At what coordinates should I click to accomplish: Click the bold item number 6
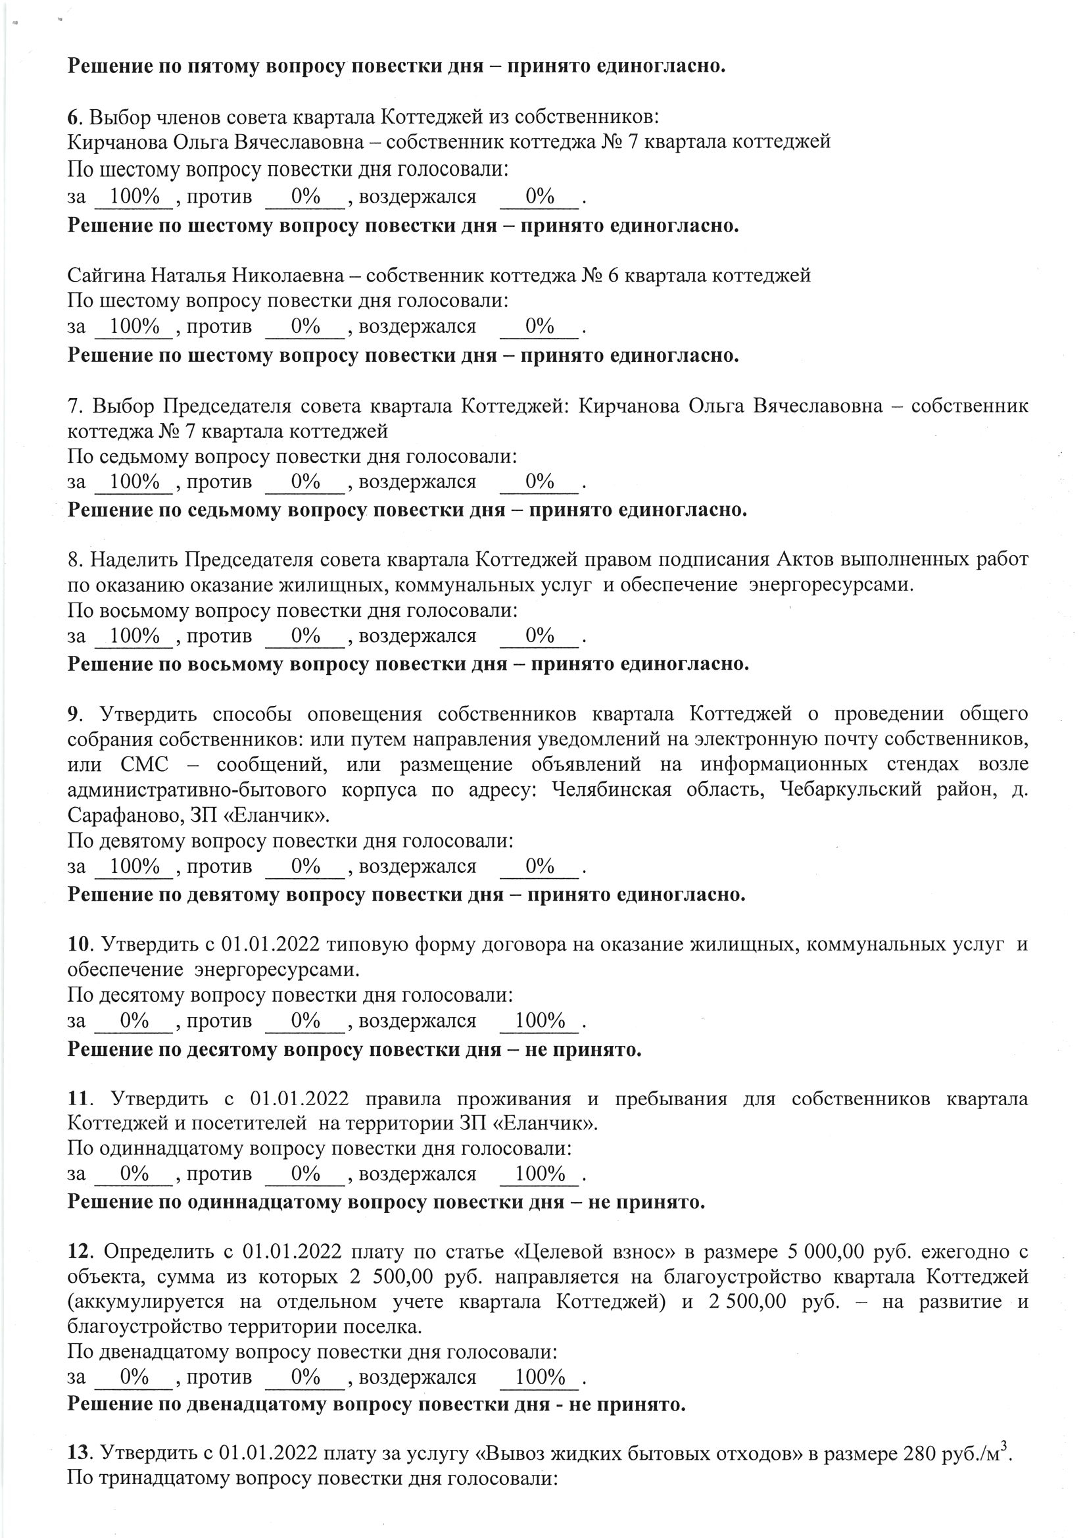coord(72,117)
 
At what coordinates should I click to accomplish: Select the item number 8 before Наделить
coord(73,558)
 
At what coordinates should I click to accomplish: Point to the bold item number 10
coord(78,945)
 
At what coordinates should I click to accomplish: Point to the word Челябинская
coord(612,790)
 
